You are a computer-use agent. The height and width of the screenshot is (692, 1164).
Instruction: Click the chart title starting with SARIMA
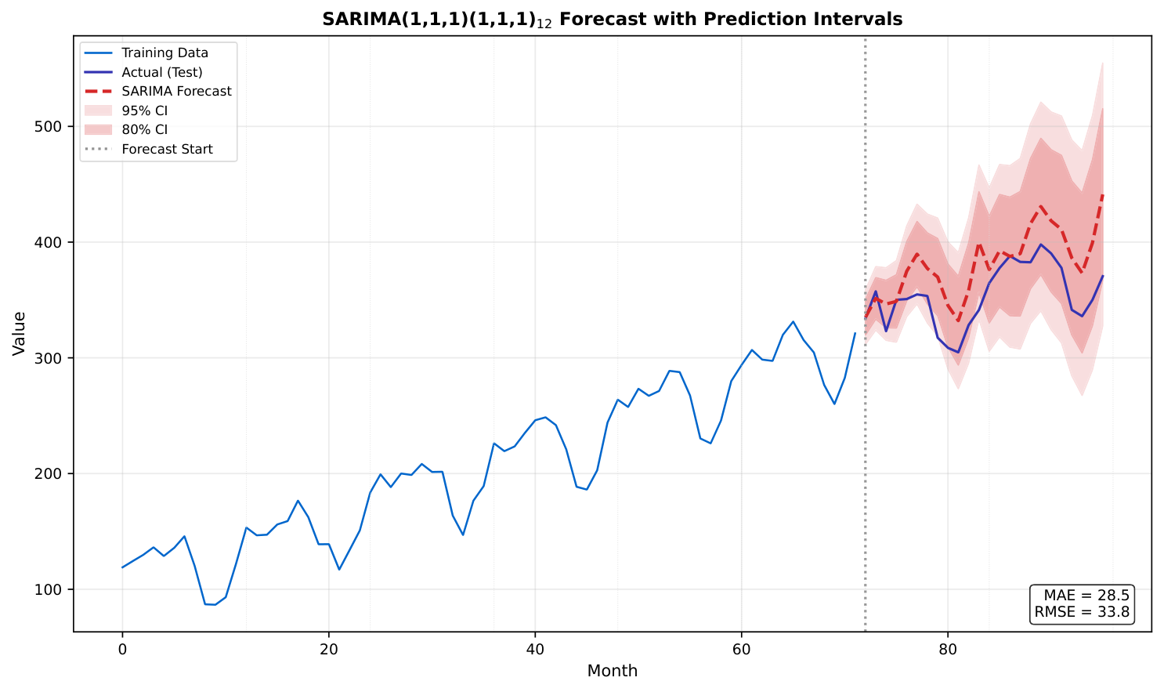pyautogui.click(x=612, y=20)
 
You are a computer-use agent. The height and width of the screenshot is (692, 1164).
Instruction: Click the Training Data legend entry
pyautogui.click(x=164, y=53)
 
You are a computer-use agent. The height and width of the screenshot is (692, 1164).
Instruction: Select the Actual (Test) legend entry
pyautogui.click(x=161, y=72)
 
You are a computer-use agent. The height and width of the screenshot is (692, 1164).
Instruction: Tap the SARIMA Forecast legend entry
pyautogui.click(x=176, y=92)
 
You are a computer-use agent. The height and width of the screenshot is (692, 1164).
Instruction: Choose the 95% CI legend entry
pyautogui.click(x=144, y=111)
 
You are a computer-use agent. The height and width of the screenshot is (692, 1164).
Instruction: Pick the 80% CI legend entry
pyautogui.click(x=144, y=130)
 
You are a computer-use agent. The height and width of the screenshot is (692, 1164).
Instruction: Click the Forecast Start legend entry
pyautogui.click(x=167, y=149)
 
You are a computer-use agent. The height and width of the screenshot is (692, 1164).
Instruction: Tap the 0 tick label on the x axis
pyautogui.click(x=122, y=649)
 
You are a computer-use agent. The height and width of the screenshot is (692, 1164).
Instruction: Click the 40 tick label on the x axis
pyautogui.click(x=535, y=649)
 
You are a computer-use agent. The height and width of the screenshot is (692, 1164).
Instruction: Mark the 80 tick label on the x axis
pyautogui.click(x=948, y=649)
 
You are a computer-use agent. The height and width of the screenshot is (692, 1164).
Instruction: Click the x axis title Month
pyautogui.click(x=612, y=672)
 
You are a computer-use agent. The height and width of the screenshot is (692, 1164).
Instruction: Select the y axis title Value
pyautogui.click(x=20, y=334)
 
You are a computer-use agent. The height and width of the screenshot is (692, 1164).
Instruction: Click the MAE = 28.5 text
pyautogui.click(x=1086, y=596)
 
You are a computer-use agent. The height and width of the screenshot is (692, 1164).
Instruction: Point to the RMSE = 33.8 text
pyautogui.click(x=1082, y=612)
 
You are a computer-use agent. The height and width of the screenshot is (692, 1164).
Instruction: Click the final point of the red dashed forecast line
pyautogui.click(x=1102, y=195)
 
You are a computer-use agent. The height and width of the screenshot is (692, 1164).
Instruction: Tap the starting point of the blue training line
pyautogui.click(x=122, y=567)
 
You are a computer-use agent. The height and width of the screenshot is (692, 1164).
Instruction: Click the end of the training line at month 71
pyautogui.click(x=855, y=333)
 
